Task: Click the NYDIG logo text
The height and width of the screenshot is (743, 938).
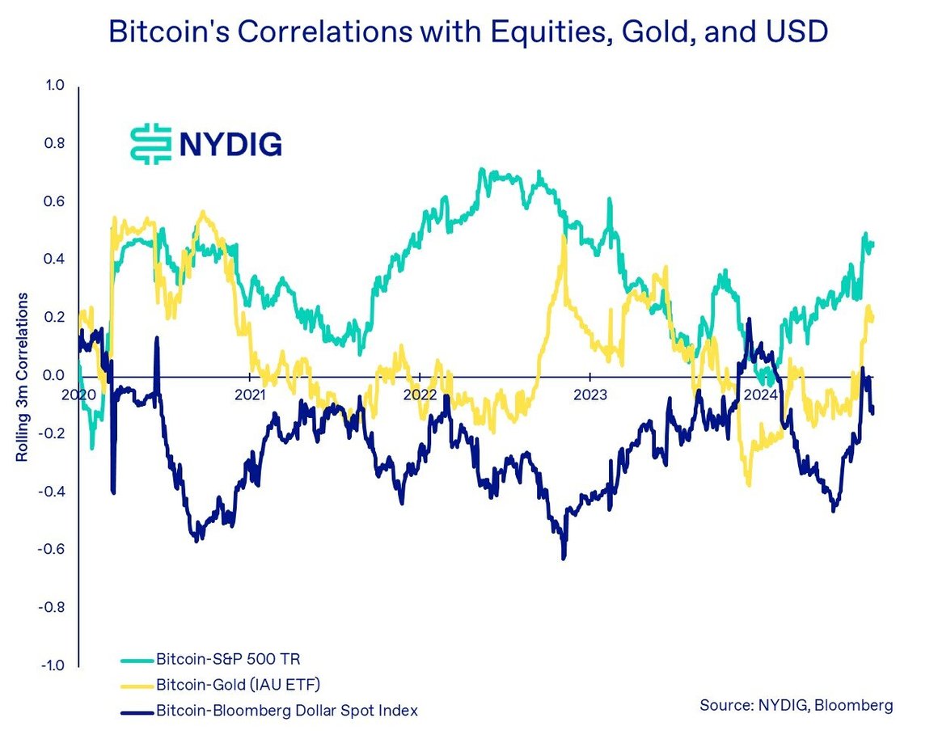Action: click(230, 144)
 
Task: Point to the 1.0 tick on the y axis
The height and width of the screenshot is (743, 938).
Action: click(53, 86)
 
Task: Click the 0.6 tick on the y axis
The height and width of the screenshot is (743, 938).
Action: click(53, 201)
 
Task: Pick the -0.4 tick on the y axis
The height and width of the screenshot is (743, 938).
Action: click(50, 492)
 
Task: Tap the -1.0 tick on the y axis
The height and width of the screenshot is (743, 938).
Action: click(50, 665)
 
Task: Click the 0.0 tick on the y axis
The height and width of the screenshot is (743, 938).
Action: click(53, 375)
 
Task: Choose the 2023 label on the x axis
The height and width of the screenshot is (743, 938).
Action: click(589, 395)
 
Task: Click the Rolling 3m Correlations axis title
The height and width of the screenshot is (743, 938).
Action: click(22, 377)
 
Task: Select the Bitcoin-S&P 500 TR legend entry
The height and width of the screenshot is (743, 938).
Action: click(220, 660)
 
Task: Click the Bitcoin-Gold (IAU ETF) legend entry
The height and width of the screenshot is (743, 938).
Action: click(238, 685)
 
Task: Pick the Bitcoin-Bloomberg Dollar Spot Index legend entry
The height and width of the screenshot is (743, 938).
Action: click(286, 711)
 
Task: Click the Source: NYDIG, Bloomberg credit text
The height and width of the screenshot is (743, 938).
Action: click(796, 705)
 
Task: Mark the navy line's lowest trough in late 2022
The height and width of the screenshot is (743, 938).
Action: click(564, 556)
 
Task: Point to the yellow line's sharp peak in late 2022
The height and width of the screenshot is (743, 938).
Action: click(563, 239)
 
